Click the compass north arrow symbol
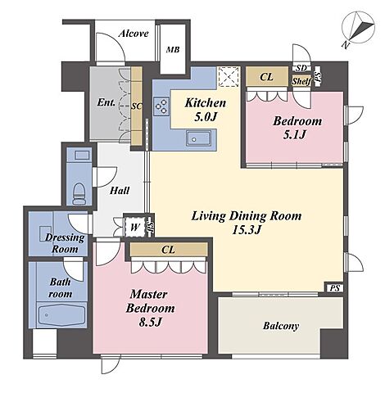point(358,29)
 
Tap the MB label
point(173,50)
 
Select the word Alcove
point(134,34)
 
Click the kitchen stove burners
point(161,106)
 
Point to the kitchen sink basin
point(198,138)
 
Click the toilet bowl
point(79,193)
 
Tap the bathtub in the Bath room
point(61,315)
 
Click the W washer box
point(134,227)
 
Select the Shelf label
point(301,81)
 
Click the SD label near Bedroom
point(301,68)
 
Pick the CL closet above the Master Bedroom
point(169,250)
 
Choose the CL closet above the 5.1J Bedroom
point(267,77)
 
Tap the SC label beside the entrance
point(136,106)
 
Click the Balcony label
point(281,326)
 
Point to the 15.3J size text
point(247,230)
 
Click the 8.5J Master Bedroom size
point(151,323)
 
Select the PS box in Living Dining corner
point(335,288)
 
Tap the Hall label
point(120,190)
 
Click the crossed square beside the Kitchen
point(229,76)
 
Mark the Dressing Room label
point(65,243)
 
